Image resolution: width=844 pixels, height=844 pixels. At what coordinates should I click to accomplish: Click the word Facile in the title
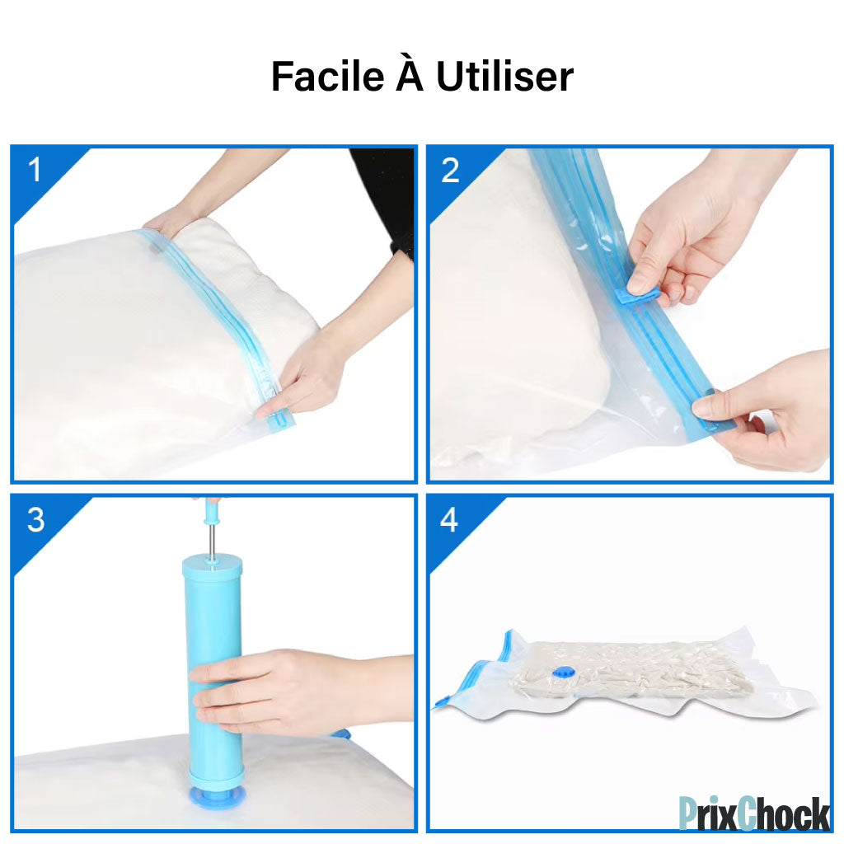tap(327, 76)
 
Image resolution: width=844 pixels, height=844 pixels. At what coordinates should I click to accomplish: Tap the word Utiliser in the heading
tap(505, 76)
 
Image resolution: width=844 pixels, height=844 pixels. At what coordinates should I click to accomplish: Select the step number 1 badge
tap(35, 170)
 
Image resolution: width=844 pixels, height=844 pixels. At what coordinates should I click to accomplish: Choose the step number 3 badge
tap(35, 520)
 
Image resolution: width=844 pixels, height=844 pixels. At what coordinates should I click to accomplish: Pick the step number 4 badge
tap(449, 520)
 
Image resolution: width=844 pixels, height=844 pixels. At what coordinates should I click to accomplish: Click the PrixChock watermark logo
tap(754, 813)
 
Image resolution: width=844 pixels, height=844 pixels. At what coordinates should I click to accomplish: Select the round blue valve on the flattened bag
tap(563, 673)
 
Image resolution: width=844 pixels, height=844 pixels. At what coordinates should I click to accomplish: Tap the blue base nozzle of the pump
tap(217, 795)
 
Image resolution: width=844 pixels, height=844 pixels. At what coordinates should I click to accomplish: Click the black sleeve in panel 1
tap(383, 199)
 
